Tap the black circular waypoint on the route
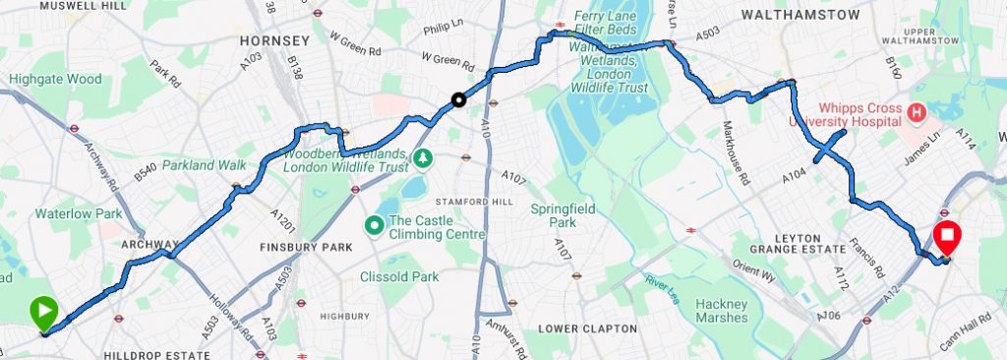tap(457, 98)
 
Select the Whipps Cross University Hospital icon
tap(917, 113)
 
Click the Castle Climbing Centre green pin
tap(374, 226)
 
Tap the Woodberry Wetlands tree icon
tap(423, 157)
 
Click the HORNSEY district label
tap(274, 40)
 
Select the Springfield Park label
tap(564, 215)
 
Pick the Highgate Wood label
tap(55, 79)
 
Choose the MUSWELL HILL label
tap(84, 5)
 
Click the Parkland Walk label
tap(205, 164)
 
